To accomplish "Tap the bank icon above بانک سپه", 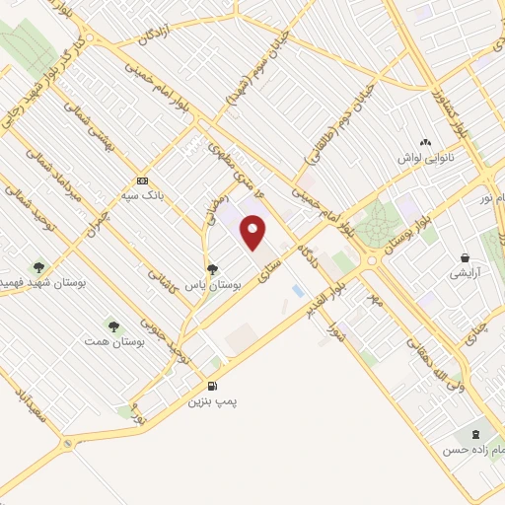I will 143,180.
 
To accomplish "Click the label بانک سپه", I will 143,194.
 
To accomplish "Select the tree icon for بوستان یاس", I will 212,268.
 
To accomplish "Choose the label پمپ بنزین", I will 215,402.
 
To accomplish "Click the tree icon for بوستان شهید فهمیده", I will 38,266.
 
